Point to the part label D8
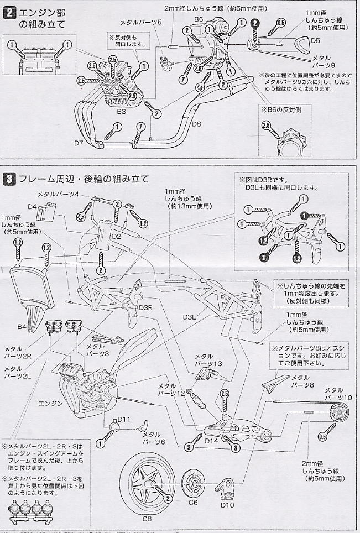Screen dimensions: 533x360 point(197,124)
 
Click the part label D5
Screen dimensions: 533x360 point(315,41)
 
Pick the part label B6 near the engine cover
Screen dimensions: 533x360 point(199,20)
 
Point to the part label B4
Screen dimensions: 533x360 point(22,327)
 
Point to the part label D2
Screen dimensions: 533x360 point(116,237)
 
